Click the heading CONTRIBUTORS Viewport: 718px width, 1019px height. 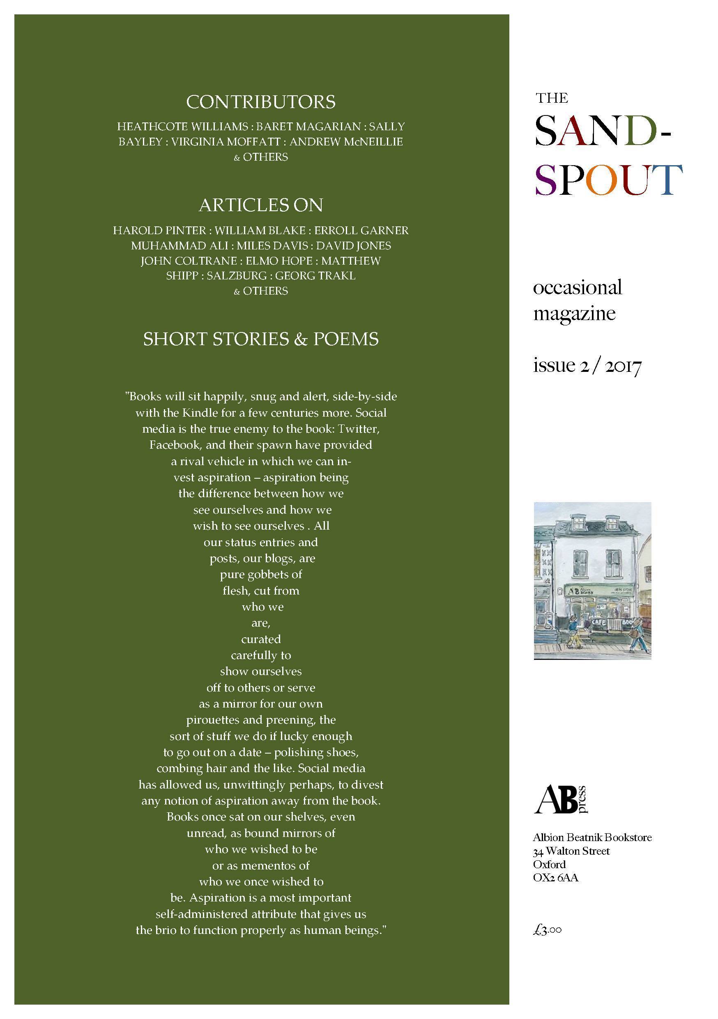(x=260, y=102)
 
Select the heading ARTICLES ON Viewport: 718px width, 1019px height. (x=260, y=205)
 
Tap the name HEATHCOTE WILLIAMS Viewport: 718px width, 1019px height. (x=182, y=127)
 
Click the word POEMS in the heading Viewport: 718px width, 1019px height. (x=346, y=339)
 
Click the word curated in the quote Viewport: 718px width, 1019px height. (x=261, y=639)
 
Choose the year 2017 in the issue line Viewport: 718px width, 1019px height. (x=623, y=366)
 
